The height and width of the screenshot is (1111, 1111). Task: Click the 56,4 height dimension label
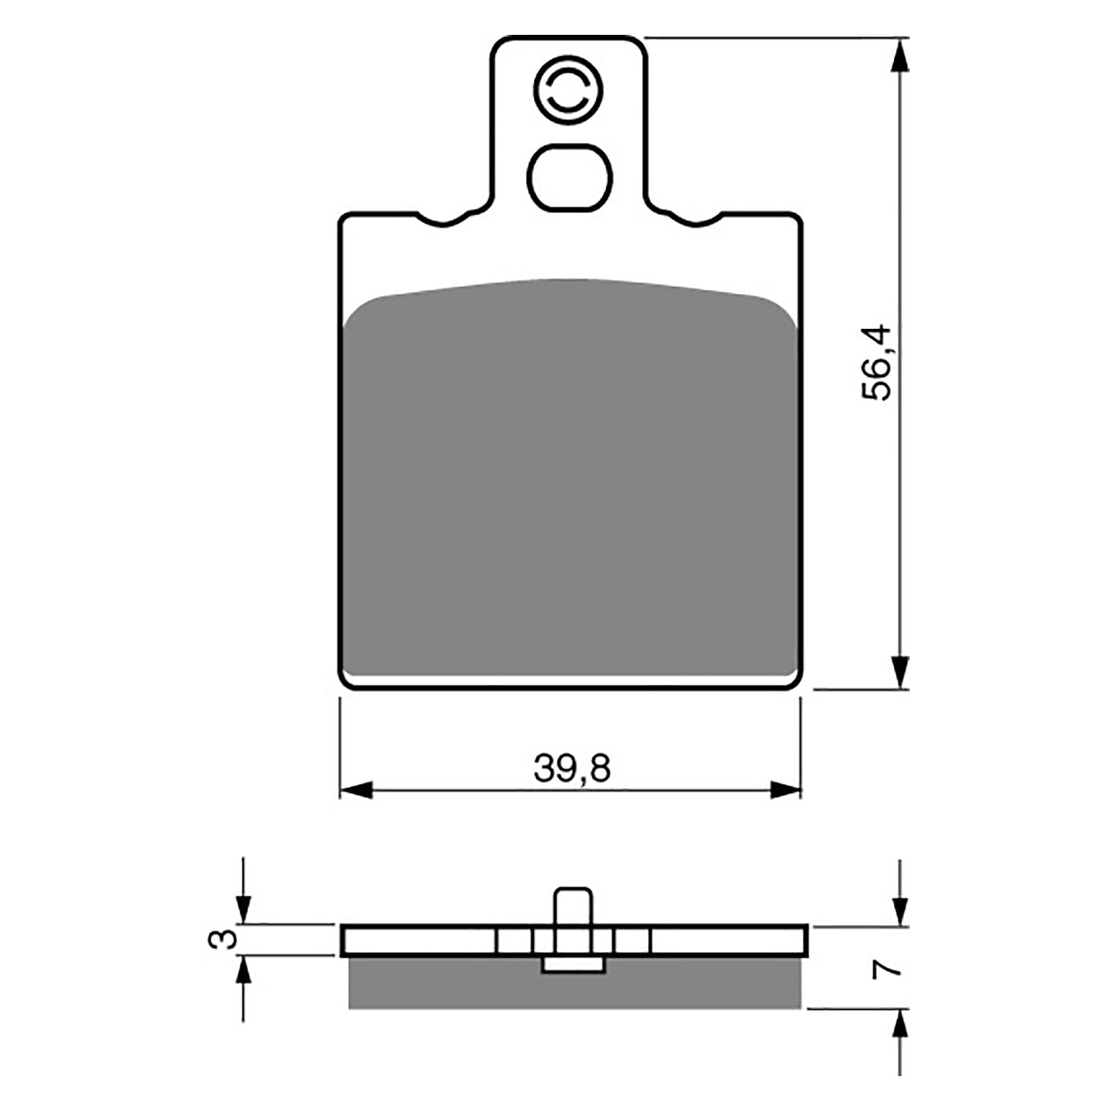(875, 362)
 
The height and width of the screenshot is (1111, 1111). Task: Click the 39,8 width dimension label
(571, 769)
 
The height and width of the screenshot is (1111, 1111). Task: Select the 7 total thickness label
(888, 969)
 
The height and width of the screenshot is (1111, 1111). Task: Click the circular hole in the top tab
(568, 91)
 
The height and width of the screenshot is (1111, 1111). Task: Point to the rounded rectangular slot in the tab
(569, 177)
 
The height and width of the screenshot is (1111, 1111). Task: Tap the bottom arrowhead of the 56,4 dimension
(899, 672)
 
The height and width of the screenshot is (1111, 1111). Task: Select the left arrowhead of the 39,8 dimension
(356, 790)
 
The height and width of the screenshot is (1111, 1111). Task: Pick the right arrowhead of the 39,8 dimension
(785, 790)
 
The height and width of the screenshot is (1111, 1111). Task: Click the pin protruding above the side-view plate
(573, 905)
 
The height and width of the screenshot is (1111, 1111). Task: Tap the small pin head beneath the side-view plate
(573, 964)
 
